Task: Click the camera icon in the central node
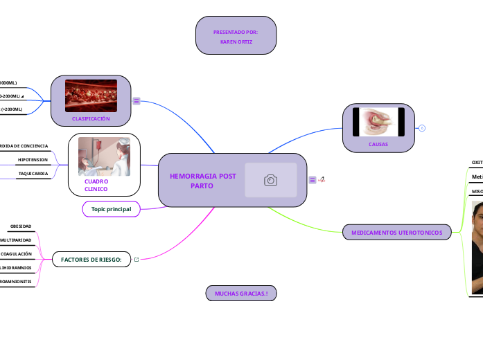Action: tap(270, 180)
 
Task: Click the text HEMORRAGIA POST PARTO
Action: tap(202, 181)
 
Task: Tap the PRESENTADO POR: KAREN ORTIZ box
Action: tap(236, 37)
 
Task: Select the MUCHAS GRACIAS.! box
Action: tap(241, 294)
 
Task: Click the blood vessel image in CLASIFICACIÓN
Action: tap(91, 96)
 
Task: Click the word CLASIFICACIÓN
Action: tap(91, 119)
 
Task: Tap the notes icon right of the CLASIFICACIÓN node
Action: tap(137, 101)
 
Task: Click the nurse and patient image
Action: tap(104, 156)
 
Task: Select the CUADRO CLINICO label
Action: tap(96, 185)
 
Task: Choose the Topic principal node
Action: tap(111, 208)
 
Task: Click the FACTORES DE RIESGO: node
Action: tap(91, 260)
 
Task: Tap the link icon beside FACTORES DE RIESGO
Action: tap(137, 260)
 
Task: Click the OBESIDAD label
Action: tap(21, 226)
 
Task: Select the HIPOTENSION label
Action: tap(33, 159)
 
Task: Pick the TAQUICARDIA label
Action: tap(33, 173)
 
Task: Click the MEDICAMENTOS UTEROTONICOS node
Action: tap(397, 233)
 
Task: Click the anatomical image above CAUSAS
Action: tap(378, 122)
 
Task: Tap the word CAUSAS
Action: tap(378, 145)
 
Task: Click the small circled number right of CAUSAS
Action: tap(422, 128)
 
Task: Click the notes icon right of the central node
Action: tap(313, 180)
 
